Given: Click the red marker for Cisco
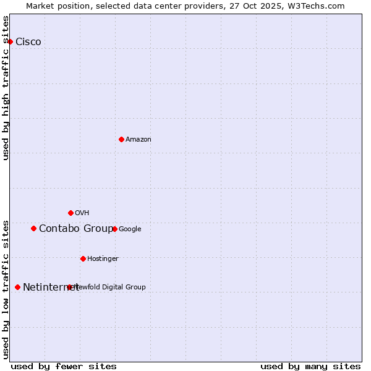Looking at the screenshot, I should [x=11, y=41].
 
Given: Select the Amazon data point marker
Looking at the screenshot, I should [x=121, y=139].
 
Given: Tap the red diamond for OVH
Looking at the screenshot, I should [x=70, y=213].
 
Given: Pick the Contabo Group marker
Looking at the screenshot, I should [x=33, y=228].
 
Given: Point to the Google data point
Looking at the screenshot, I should [x=114, y=229].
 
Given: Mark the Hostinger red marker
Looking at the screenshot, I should [x=83, y=258].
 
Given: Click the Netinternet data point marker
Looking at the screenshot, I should [x=17, y=287].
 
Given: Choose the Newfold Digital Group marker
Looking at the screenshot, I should [x=69, y=287].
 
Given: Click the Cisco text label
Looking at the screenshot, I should [x=28, y=41].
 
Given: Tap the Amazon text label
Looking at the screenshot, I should [x=139, y=139].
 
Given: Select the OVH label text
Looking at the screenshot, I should [x=82, y=213].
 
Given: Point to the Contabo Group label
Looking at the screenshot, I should [x=76, y=229].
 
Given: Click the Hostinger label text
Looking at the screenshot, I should [x=103, y=258].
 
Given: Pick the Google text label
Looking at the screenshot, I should [x=130, y=229].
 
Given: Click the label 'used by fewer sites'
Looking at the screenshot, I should [x=64, y=366].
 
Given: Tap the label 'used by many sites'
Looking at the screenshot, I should [x=310, y=366].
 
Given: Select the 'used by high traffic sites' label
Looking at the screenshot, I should [x=6, y=88].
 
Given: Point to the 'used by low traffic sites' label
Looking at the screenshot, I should [x=6, y=289].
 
